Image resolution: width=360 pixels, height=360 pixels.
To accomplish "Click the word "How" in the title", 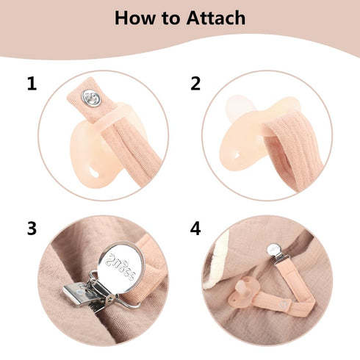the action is [134, 18].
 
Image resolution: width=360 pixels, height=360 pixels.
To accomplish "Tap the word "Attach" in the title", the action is [216, 18].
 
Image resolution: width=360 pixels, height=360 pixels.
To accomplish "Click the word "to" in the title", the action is [170, 18].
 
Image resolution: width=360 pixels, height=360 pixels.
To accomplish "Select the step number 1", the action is [32, 84].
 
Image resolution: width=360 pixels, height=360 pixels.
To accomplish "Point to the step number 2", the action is [195, 84].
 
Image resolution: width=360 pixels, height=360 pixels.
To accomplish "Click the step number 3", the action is [32, 228].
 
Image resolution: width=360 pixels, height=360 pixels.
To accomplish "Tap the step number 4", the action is [195, 228].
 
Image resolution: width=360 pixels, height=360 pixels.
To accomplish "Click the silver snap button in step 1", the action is [91, 98].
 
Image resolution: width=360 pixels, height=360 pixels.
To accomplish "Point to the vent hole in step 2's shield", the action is [237, 154].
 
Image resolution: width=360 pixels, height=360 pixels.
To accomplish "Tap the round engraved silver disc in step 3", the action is [122, 267].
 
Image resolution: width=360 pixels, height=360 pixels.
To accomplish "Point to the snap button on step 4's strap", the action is [283, 304].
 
